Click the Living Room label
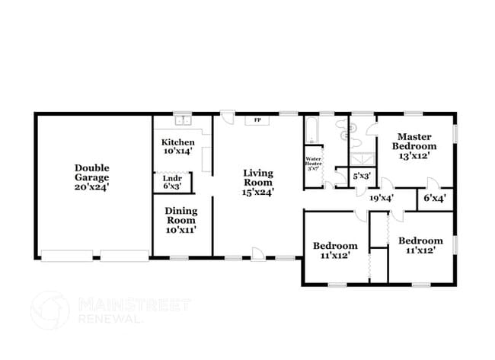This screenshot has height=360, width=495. (x=258, y=177)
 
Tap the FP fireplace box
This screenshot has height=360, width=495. (x=257, y=120)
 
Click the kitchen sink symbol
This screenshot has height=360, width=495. (x=183, y=120)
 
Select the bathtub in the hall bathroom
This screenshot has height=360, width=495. (x=312, y=129)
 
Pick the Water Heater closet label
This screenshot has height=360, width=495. (x=314, y=163)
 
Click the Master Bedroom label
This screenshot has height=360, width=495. (x=414, y=141)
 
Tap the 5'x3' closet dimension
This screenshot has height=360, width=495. (x=362, y=176)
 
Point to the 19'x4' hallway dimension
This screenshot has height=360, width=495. (x=381, y=198)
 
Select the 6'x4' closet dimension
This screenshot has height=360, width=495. (x=435, y=198)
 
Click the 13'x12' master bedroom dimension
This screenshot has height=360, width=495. (x=414, y=156)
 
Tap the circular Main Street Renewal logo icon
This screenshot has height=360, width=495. (x=51, y=311)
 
